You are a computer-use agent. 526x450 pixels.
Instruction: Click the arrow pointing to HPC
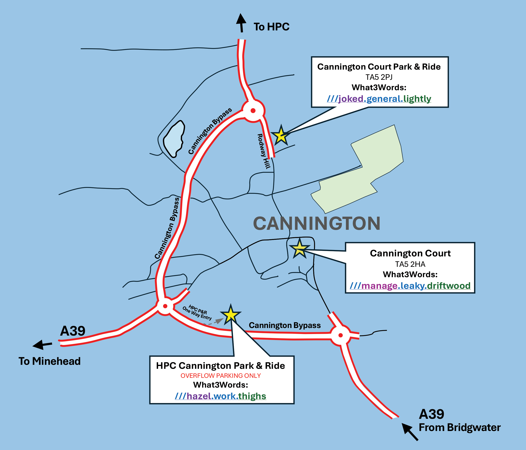click(x=241, y=23)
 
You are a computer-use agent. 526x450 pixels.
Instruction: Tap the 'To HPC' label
click(x=271, y=27)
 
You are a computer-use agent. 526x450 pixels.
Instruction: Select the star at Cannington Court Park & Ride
click(x=281, y=136)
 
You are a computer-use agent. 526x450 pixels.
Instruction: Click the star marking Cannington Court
click(x=300, y=249)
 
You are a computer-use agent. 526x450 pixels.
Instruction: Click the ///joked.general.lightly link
click(x=379, y=98)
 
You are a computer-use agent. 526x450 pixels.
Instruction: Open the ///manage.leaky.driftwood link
click(x=410, y=286)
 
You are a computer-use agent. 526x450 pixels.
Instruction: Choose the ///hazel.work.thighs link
click(x=220, y=396)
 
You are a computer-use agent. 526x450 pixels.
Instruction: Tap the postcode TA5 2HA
click(x=410, y=264)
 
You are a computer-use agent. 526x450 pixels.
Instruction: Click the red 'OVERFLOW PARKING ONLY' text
click(x=220, y=376)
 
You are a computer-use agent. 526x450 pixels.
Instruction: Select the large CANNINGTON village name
click(x=317, y=224)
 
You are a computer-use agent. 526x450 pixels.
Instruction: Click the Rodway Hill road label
click(x=264, y=151)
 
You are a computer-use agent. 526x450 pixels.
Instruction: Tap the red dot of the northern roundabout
click(x=253, y=111)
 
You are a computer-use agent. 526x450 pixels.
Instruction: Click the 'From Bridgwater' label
click(x=460, y=427)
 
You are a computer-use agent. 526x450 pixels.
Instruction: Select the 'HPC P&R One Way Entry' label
click(x=197, y=313)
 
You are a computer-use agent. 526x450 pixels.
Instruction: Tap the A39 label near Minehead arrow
click(x=73, y=331)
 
